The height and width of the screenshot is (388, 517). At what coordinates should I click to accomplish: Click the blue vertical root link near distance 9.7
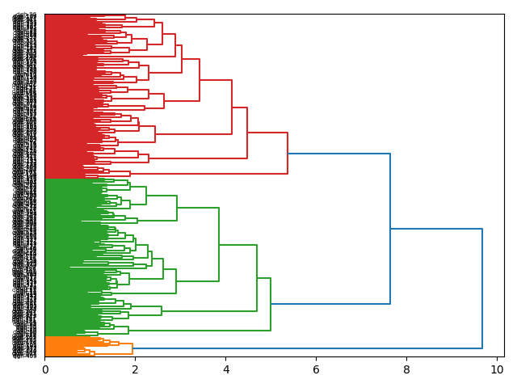(482, 289)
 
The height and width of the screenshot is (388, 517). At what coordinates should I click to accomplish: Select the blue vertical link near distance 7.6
(390, 229)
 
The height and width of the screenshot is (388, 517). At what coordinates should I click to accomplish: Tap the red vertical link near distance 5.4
(288, 153)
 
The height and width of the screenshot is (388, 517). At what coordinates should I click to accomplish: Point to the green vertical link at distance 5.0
(271, 304)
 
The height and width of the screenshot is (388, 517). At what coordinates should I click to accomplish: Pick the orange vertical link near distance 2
(132, 348)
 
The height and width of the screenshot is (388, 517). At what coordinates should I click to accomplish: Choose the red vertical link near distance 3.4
(200, 80)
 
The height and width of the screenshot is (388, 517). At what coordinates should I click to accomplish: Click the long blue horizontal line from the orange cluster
(307, 348)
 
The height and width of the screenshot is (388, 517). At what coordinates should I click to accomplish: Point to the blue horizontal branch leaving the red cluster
(339, 154)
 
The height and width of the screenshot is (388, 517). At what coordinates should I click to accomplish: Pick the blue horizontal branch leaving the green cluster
(330, 304)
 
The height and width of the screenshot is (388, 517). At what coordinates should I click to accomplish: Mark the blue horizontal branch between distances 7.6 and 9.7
(436, 230)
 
